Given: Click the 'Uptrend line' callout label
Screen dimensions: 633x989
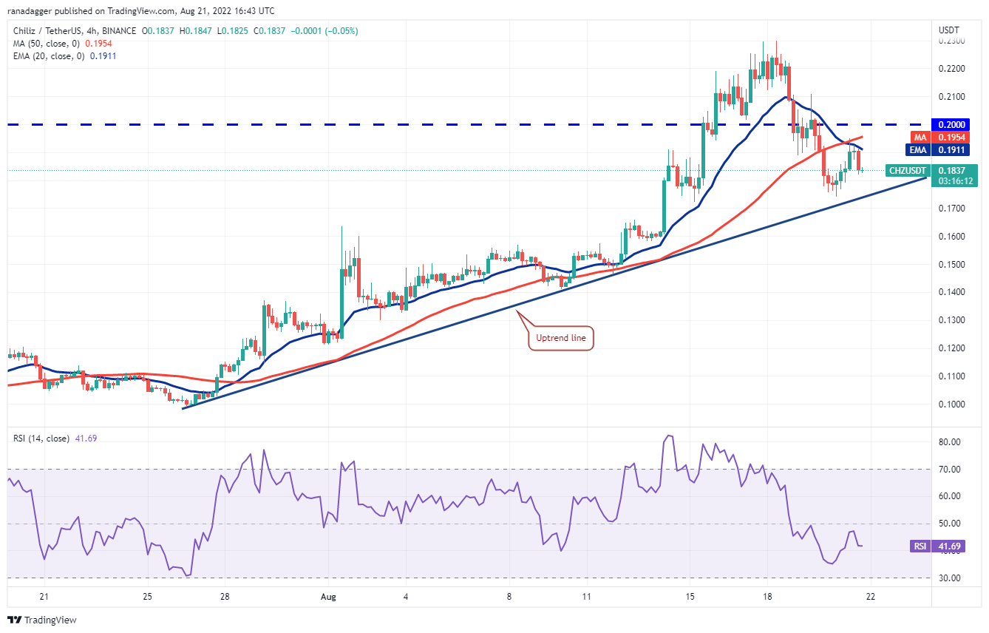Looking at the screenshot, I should point(561,339).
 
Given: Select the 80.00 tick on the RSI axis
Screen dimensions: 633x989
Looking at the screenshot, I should point(950,442).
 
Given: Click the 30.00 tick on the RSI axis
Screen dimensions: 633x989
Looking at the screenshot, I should point(950,578).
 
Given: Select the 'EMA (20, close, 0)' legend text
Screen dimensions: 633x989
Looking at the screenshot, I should point(48,55).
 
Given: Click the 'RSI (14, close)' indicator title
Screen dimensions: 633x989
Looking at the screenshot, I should point(41,439).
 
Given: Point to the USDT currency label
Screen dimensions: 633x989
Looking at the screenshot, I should point(948,30).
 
